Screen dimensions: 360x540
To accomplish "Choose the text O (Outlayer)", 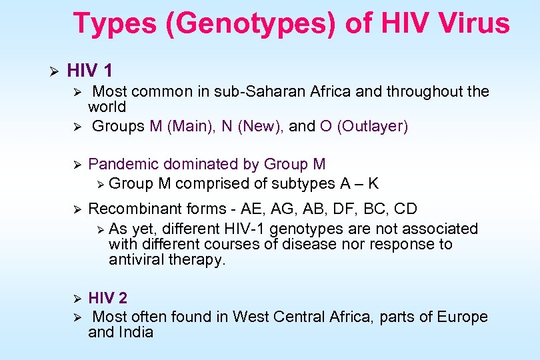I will pos(363,126).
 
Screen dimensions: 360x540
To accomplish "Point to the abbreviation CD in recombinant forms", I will pos(405,209).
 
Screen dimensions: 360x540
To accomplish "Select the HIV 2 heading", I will pos(107,297).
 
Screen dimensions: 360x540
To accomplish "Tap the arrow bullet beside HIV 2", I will pos(76,297).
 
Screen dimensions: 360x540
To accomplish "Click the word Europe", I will pos(463,317).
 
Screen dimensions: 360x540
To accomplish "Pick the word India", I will pos(137,332).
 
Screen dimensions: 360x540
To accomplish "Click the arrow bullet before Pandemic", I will pos(76,164).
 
